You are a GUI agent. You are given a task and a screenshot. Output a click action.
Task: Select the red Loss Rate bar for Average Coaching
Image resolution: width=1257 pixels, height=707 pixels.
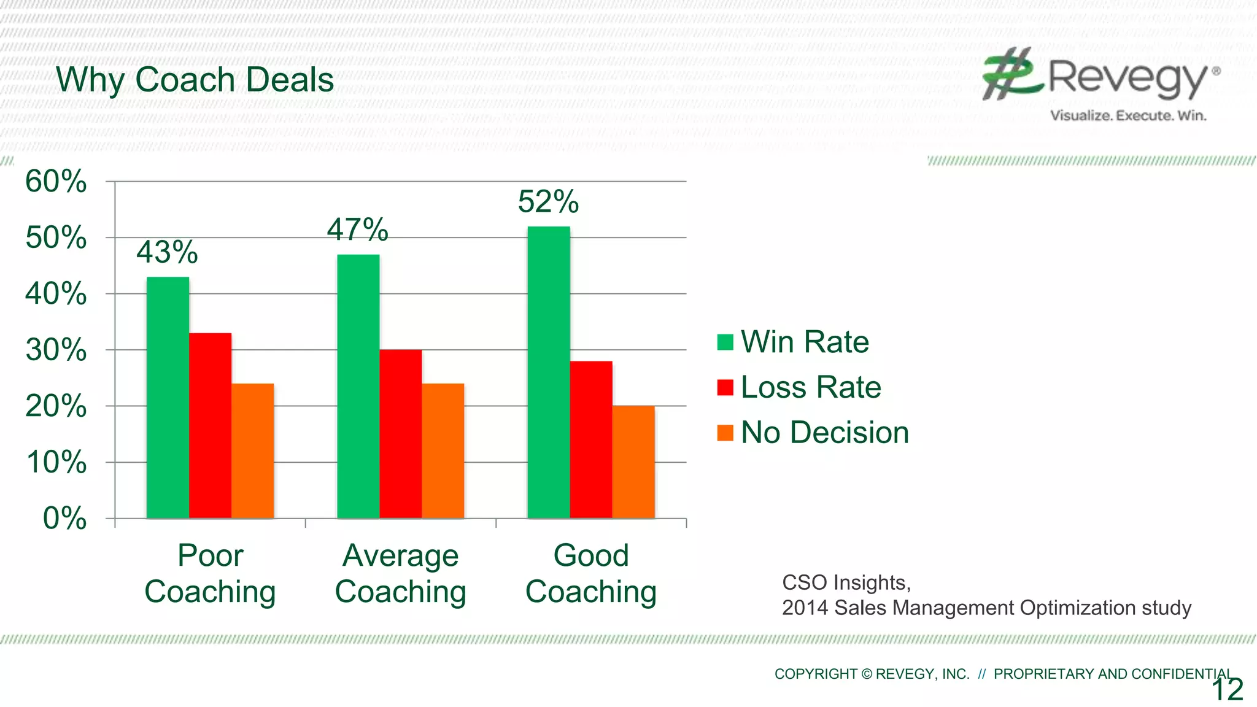400,434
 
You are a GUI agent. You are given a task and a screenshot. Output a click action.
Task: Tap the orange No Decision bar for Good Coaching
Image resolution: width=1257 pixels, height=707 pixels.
633,462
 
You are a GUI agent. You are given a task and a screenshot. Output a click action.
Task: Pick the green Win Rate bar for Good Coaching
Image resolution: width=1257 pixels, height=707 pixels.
549,373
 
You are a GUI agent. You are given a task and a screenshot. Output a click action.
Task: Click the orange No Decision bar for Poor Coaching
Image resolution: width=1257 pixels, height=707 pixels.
252,451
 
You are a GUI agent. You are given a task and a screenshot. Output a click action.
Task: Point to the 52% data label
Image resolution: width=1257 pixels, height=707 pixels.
548,202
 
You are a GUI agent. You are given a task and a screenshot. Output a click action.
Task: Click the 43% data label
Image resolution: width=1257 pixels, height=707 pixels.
167,252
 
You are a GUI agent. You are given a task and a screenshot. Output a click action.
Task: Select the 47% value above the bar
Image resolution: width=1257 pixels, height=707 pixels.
357,230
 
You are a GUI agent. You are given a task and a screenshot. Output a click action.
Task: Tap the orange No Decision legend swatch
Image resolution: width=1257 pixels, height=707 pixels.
725,433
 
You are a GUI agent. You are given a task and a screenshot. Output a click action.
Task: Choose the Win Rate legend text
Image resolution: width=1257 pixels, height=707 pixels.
805,342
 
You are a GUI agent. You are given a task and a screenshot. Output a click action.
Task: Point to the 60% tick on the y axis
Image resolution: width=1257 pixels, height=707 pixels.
56,182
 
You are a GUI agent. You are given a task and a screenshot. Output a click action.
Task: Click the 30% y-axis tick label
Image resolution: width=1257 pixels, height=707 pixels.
56,350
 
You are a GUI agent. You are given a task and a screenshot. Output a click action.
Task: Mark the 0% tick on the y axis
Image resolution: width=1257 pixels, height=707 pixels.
64,519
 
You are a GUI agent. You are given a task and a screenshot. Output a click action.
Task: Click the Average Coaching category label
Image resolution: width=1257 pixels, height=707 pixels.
400,574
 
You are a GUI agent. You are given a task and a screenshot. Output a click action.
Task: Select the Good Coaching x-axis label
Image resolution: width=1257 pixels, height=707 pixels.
591,574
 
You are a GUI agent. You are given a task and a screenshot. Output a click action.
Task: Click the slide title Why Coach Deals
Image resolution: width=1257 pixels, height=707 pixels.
195,80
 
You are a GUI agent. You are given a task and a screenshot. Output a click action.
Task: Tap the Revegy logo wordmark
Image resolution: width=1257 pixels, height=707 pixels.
1127,78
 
